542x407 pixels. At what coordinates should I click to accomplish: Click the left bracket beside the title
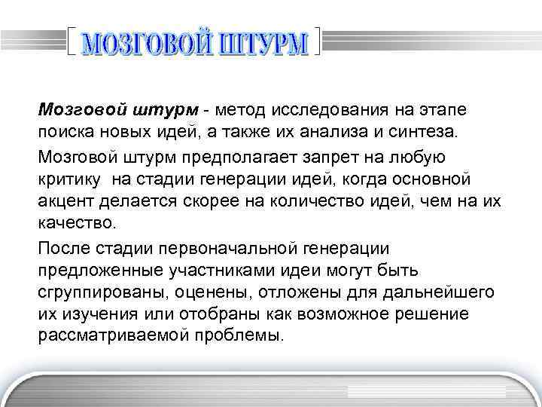pyautogui.click(x=72, y=41)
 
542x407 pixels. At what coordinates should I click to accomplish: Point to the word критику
pyautogui.click(x=71, y=179)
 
